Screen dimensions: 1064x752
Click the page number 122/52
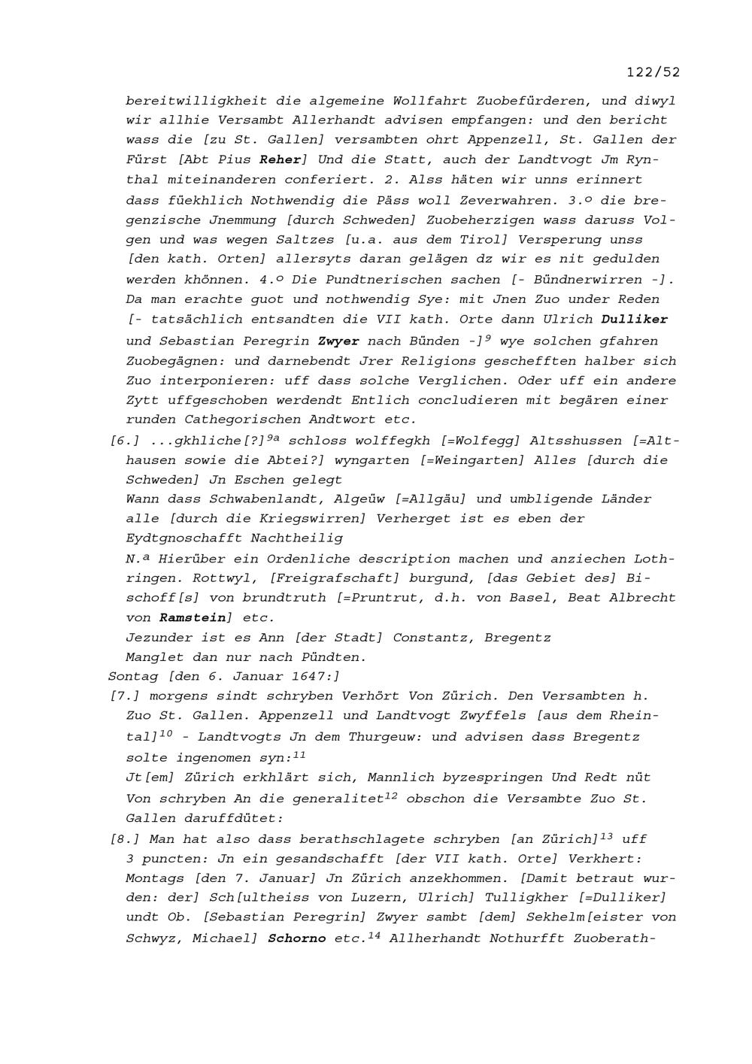(653, 72)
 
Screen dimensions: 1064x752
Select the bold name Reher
(280, 159)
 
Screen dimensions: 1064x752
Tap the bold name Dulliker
(635, 319)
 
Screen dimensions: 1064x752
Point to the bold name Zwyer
(338, 341)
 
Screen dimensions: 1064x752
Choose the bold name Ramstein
(193, 617)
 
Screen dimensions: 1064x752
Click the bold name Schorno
(297, 938)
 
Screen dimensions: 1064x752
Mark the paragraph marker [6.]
(125, 441)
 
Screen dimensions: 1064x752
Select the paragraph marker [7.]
(125, 696)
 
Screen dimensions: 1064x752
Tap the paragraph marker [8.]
(125, 838)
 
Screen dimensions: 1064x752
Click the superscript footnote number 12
(391, 794)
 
